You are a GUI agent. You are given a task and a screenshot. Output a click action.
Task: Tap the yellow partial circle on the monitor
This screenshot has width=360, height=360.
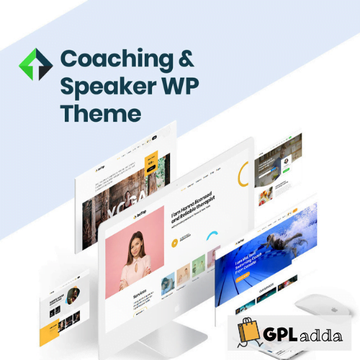[x=243, y=174]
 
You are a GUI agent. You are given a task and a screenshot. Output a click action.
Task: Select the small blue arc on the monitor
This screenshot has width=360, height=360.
[x=213, y=236]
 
